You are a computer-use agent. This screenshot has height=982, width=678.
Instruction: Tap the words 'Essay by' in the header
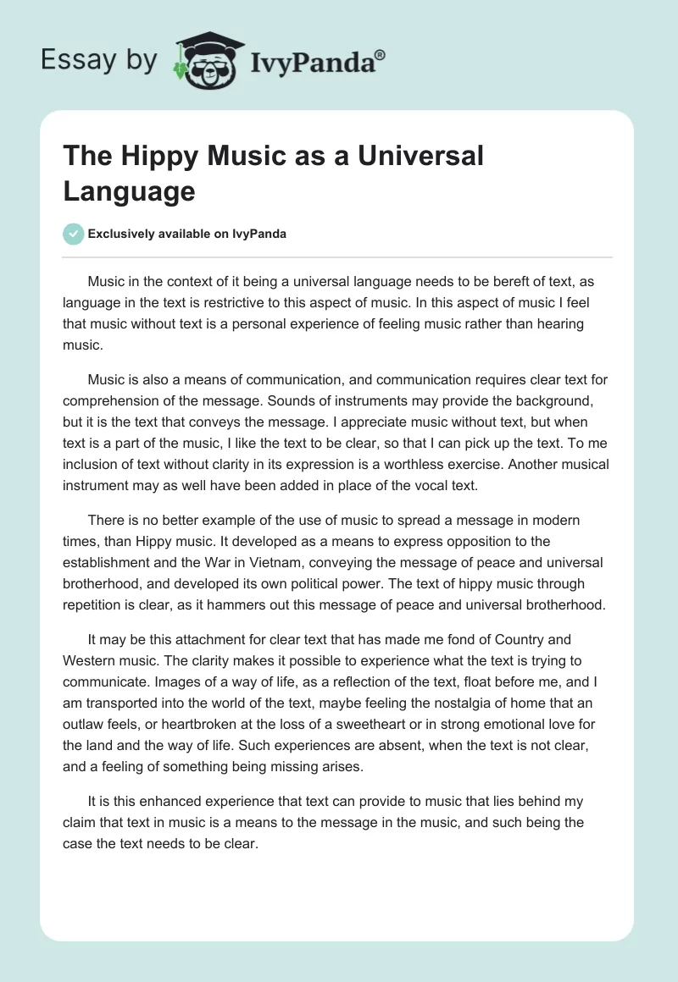(x=98, y=60)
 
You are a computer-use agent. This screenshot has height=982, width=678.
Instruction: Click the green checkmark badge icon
(x=74, y=234)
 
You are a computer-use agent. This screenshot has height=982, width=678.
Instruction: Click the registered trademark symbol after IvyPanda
(x=381, y=54)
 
